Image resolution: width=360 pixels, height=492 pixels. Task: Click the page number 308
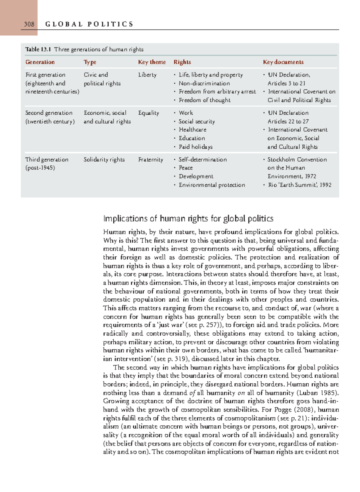29,24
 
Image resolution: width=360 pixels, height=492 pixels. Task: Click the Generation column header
40,62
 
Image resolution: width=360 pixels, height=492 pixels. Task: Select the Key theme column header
152,62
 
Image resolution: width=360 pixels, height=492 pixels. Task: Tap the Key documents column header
283,62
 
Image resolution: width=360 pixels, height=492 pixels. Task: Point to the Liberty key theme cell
147,75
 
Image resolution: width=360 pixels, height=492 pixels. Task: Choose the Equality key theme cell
148,113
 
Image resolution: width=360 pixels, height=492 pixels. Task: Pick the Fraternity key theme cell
151,160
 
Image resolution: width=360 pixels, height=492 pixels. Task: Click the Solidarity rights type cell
104,160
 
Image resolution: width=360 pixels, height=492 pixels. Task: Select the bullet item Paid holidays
196,147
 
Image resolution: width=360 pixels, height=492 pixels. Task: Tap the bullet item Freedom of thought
205,100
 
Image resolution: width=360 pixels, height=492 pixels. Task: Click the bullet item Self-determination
202,160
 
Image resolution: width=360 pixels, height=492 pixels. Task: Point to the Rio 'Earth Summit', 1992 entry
299,185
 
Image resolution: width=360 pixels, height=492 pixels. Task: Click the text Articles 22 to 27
288,121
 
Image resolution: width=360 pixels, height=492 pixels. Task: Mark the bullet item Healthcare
193,130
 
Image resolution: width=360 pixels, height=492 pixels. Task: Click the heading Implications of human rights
188,218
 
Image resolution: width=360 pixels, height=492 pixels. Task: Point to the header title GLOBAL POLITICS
89,24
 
